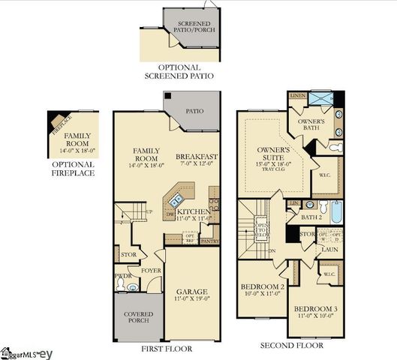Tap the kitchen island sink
pyautogui.click(x=177, y=200)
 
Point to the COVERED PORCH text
pyautogui.click(x=138, y=318)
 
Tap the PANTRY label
pyautogui.click(x=209, y=241)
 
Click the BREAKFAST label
pyautogui.click(x=195, y=157)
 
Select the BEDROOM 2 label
pyautogui.click(x=262, y=287)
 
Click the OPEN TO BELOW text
pyautogui.click(x=262, y=228)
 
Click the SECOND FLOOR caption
pyautogui.click(x=292, y=346)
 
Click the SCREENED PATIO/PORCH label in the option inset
pyautogui.click(x=194, y=28)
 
